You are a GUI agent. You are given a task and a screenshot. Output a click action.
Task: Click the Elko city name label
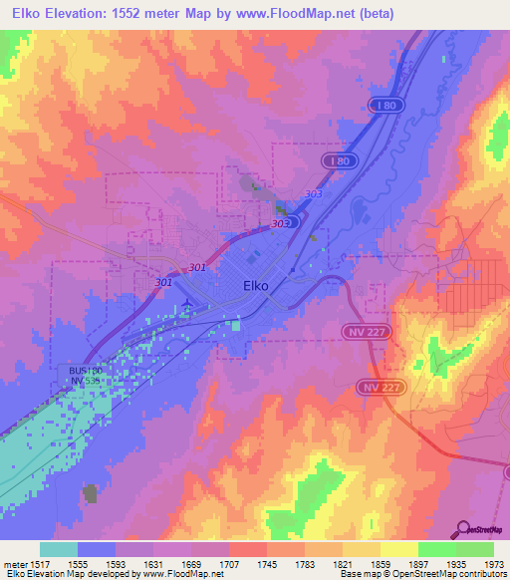click(256, 285)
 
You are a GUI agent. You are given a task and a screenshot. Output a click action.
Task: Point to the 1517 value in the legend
click(41, 563)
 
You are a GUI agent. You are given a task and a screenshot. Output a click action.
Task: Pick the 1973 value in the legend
click(494, 563)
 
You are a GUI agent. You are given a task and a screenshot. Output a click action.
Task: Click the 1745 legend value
click(268, 563)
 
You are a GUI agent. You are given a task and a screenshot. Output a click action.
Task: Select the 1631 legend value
click(154, 563)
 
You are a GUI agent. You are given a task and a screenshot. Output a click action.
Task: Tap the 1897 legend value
click(418, 563)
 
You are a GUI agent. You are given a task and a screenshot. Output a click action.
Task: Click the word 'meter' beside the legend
click(14, 563)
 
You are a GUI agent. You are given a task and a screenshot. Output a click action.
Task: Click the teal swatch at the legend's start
click(59, 549)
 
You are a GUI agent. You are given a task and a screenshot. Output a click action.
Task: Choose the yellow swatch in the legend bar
click(399, 549)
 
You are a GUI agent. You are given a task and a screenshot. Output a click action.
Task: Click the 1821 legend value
click(344, 563)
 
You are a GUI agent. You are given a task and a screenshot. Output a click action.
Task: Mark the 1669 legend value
click(192, 563)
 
